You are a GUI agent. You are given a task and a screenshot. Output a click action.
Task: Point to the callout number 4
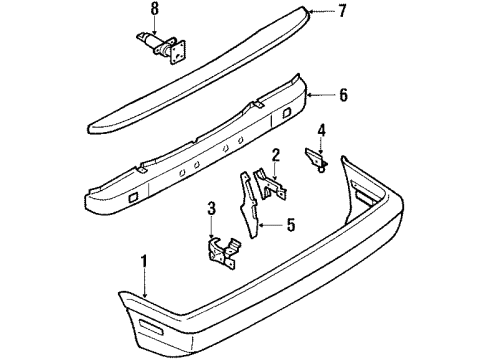point(321,128)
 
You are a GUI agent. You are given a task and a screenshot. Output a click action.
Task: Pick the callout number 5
point(291,225)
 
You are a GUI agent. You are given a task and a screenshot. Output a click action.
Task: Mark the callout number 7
point(342,12)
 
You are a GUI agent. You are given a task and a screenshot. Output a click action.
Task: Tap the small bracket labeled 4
point(316,157)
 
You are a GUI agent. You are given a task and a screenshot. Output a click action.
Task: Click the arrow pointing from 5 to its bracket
point(270,225)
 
